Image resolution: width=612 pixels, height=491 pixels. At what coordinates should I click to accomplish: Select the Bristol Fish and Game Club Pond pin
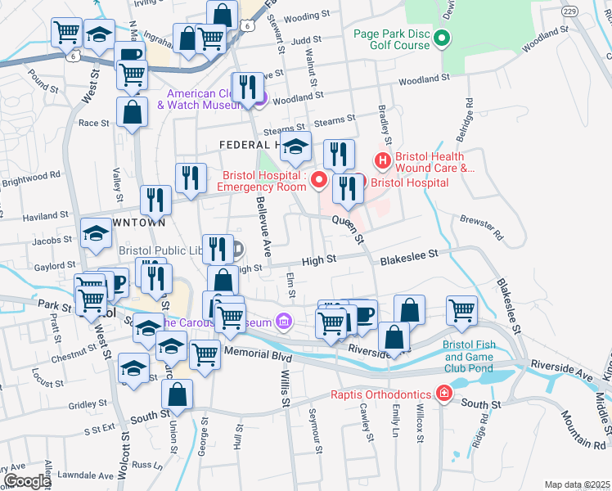[450, 367]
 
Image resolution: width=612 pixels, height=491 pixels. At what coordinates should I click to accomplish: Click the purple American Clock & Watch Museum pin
[260, 101]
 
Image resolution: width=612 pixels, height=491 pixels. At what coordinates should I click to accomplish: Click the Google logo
[27, 481]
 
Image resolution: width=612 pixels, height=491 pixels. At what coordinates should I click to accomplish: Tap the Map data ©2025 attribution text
[577, 484]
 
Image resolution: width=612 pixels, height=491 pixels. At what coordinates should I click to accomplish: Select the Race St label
[93, 123]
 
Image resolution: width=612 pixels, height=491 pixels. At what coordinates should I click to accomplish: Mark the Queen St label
[348, 229]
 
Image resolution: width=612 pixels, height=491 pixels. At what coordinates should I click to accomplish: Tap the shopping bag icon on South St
[177, 394]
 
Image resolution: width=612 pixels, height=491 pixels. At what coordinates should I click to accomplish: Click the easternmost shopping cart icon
[462, 310]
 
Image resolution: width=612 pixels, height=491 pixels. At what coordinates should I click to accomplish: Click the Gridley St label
[83, 404]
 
